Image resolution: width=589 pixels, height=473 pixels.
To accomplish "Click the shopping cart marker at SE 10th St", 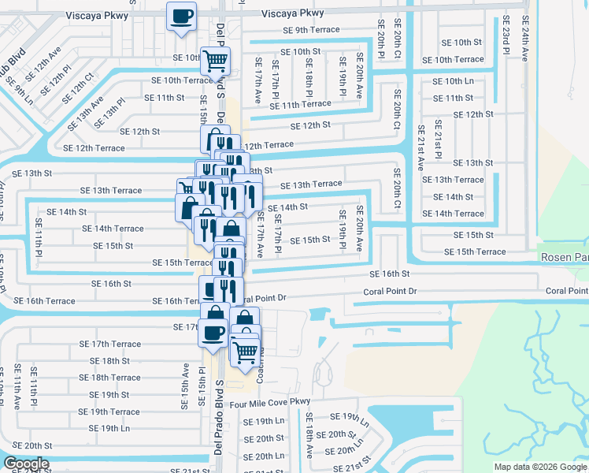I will pos(215,58).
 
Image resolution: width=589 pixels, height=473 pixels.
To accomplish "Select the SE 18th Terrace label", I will pos(110,378).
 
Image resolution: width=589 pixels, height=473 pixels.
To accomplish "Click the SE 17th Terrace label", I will pos(110,345).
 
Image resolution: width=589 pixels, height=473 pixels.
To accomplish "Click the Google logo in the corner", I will pos(25,464).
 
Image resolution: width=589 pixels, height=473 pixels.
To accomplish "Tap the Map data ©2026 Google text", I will pos(539,467).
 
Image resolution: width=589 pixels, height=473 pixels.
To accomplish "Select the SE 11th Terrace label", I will pos(300,104).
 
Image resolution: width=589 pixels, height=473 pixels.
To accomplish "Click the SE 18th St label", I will pos(109,361).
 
